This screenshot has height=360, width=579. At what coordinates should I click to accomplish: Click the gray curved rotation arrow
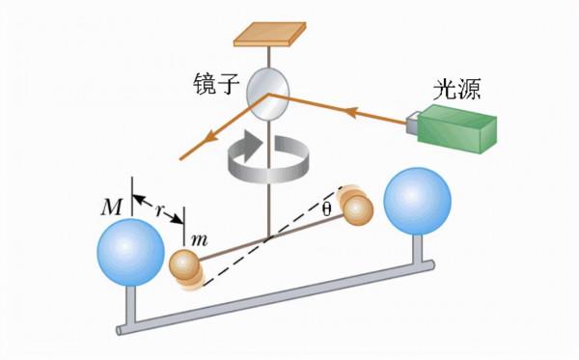264,156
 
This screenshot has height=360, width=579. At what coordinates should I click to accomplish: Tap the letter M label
113,206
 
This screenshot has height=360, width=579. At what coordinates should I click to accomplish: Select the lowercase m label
200,238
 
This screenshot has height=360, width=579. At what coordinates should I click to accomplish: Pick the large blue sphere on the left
131,253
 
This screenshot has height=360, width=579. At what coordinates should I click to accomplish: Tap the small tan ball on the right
357,208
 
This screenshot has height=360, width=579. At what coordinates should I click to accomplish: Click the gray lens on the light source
412,124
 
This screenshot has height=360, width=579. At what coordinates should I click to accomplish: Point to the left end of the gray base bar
123,330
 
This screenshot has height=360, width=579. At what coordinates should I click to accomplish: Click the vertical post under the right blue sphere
419,249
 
